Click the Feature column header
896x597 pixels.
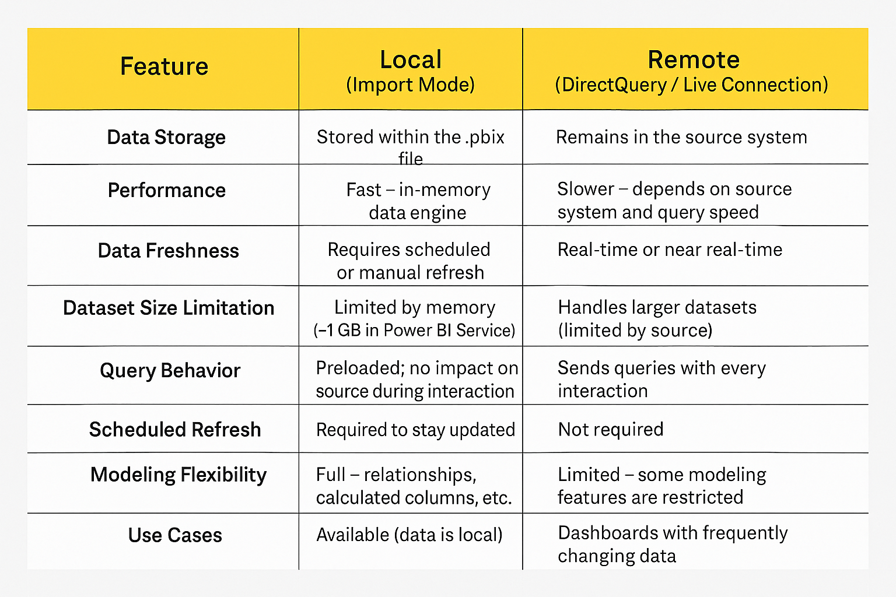coord(164,66)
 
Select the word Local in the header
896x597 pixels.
coord(411,59)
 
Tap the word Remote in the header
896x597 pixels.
coord(694,59)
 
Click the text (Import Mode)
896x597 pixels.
coord(411,85)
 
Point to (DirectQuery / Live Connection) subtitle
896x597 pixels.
coord(692,85)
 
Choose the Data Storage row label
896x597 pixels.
coord(166,138)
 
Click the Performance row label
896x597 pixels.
coord(167,190)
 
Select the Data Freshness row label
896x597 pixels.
coord(169,251)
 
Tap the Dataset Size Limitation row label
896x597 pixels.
coord(169,308)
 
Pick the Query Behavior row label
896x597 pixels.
coord(170,371)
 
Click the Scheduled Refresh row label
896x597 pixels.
coord(175,430)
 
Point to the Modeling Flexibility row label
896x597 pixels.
coord(178,475)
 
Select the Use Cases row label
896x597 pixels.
coord(175,535)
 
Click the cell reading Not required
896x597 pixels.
coord(611,430)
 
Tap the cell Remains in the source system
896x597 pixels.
coord(681,138)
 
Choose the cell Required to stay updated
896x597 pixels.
coord(415,430)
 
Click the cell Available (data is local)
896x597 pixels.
coord(409,535)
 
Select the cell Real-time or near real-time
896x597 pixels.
coord(670,250)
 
